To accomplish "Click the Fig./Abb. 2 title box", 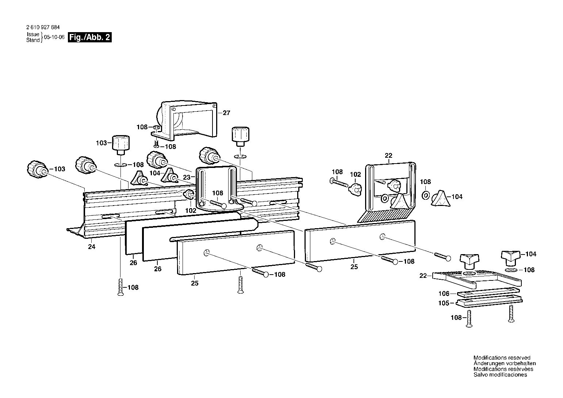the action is click(90, 37).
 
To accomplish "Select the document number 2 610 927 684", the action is click(43, 27).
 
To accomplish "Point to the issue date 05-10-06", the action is click(54, 37).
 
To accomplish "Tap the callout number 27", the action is click(226, 113).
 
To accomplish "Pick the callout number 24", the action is click(92, 247).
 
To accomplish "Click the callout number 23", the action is click(187, 177).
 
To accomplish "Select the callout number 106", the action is click(444, 294).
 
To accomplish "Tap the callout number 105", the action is click(444, 303).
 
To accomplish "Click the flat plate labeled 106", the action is click(488, 292).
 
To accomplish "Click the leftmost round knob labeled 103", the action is click(37, 170).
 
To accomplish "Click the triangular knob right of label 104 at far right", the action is click(510, 258).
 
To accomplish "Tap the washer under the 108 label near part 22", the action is click(425, 195).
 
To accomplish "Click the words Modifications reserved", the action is click(502, 357).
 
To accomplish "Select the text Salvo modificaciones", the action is click(500, 375).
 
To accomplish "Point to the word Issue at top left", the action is click(33, 34).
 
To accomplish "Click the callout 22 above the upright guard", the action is click(388, 156).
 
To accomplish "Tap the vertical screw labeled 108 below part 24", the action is click(120, 287).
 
